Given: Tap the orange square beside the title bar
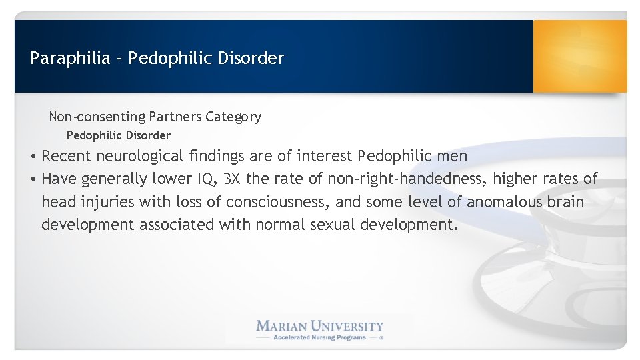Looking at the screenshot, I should tap(580, 56).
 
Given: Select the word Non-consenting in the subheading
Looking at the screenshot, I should tap(97, 117).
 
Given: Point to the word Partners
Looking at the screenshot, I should tap(175, 117).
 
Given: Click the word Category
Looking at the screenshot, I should tap(233, 117).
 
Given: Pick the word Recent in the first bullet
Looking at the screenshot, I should tap(67, 157).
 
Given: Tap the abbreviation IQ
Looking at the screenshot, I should tap(207, 179).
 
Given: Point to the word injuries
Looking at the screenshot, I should tap(107, 202).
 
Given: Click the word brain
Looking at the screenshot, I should tap(565, 202).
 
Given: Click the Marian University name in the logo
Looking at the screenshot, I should tap(320, 326).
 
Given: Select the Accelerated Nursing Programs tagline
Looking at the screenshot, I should tap(320, 337).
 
